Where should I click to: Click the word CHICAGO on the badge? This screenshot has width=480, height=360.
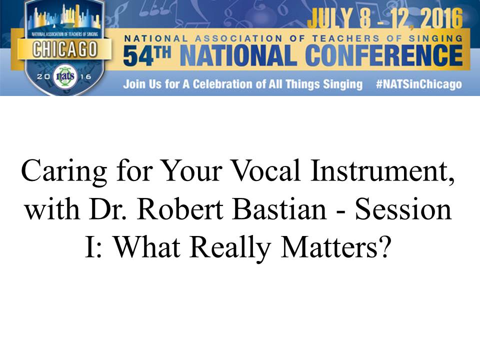[x=65, y=49]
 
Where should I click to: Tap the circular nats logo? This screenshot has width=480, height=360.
[x=65, y=76]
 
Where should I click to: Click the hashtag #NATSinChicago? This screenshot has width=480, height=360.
[x=419, y=84]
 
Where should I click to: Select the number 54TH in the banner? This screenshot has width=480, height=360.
[x=147, y=55]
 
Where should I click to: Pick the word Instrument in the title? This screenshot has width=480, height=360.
[x=382, y=171]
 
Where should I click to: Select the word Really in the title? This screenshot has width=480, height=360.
[x=230, y=248]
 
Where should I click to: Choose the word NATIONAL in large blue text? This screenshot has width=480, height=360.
[x=238, y=55]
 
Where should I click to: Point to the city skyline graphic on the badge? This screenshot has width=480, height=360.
[x=64, y=18]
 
